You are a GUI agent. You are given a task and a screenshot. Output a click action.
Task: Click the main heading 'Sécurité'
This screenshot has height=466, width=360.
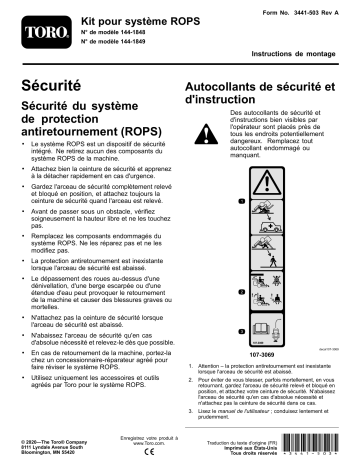tap(52, 87)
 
